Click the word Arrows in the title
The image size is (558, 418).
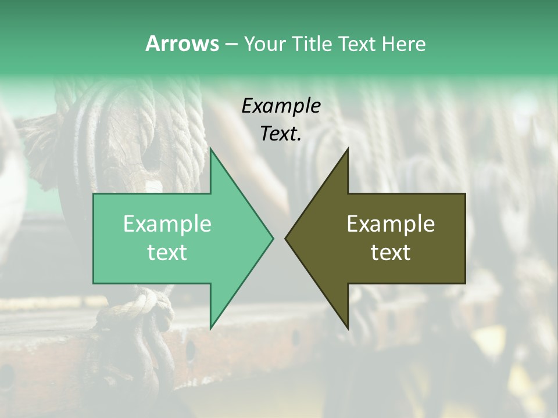click(x=182, y=44)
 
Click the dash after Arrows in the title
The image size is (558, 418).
click(x=231, y=44)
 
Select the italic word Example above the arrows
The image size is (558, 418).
click(x=281, y=106)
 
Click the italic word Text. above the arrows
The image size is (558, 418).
click(x=281, y=134)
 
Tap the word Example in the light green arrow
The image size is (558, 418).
click(x=167, y=224)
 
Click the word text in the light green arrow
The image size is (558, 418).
click(x=167, y=253)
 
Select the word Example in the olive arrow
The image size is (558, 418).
click(x=391, y=224)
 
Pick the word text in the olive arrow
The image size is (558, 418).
click(x=391, y=253)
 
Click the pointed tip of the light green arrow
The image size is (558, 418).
click(x=272, y=238)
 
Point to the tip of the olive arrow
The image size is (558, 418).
click(x=287, y=238)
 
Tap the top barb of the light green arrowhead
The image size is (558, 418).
click(x=212, y=152)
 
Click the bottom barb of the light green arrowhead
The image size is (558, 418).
click(x=212, y=325)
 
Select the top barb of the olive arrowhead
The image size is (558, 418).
click(x=347, y=152)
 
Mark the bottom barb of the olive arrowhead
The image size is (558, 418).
click(x=347, y=325)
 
